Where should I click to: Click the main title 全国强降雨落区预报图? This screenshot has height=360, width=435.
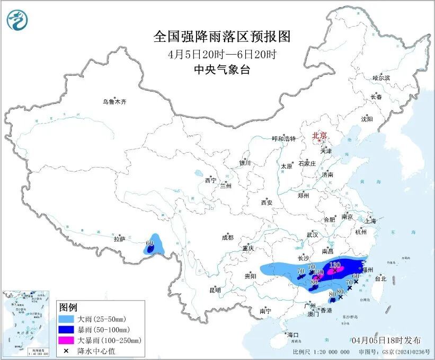pos(222,37)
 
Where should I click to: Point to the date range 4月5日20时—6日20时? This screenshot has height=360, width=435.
pos(222,54)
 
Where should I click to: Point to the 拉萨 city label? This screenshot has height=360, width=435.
pos(119,239)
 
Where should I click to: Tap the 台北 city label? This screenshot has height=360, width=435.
pos(380,278)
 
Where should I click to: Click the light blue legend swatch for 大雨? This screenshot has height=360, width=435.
pos(67,319)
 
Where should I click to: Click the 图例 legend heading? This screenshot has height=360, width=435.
pos(68,308)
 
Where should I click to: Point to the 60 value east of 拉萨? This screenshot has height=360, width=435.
pos(149,243)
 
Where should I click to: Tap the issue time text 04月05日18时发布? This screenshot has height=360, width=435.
pos(386,340)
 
